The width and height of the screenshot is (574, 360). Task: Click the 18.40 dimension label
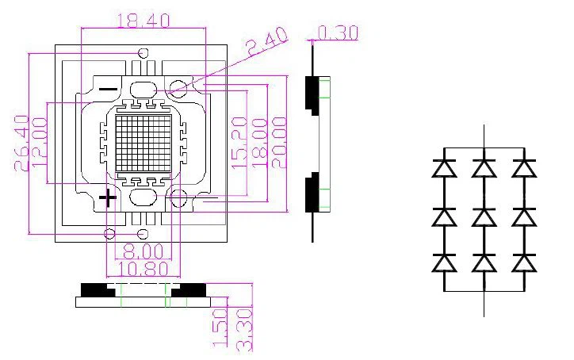click(143, 21)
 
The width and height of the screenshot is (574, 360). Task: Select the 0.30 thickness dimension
click(338, 33)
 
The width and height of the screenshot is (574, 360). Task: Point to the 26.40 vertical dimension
click(22, 143)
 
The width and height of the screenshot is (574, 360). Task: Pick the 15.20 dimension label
click(239, 143)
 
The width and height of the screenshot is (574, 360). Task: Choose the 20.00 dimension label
click(280, 143)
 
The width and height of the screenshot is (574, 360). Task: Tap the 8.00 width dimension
click(143, 251)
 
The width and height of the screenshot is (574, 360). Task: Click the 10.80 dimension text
click(143, 269)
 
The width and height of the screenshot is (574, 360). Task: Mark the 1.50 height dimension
click(220, 328)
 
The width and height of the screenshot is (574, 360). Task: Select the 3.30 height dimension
click(245, 331)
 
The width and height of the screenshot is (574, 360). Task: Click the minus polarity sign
click(109, 89)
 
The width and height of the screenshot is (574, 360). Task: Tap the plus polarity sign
click(108, 198)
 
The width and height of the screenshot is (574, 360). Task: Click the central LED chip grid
click(143, 144)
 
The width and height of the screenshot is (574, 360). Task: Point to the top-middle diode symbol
click(484, 168)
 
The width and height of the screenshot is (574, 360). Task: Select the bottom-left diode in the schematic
click(444, 262)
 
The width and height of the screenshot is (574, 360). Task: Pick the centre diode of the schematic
click(484, 217)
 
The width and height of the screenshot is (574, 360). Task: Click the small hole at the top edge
click(143, 53)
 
